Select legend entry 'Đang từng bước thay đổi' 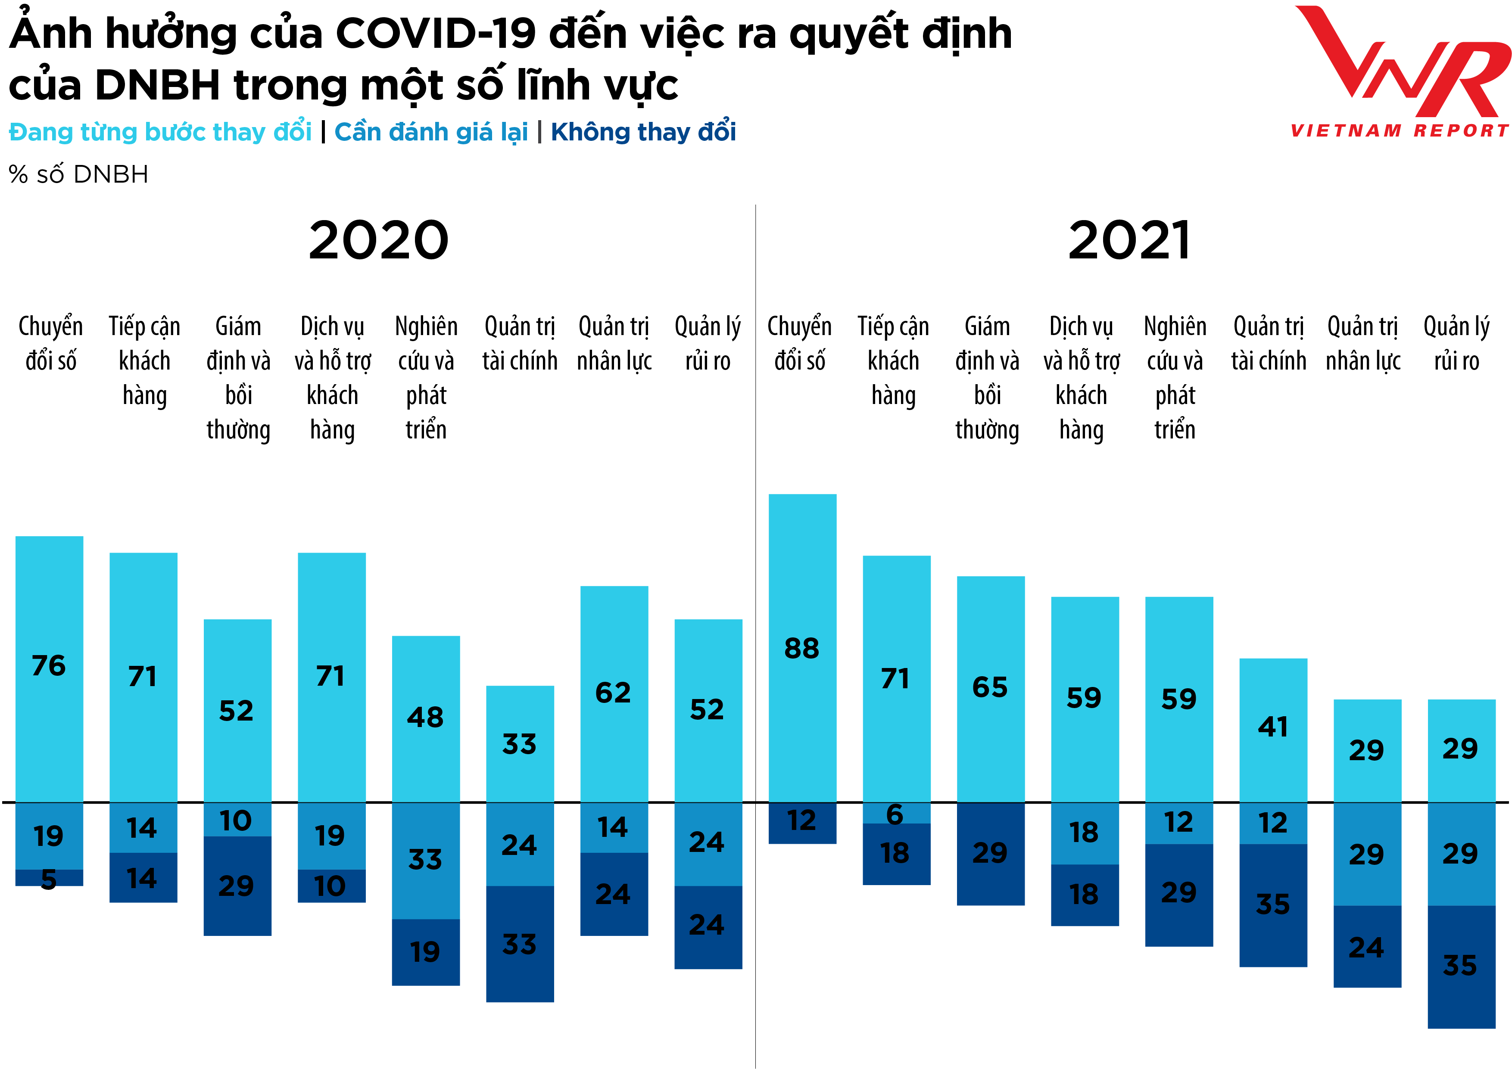[160, 132]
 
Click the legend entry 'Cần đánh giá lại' [431, 132]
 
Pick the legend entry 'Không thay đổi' [643, 132]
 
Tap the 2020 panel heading [379, 240]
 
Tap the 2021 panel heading [1129, 240]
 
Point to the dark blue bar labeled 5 [50, 878]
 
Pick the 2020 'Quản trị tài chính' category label [520, 344]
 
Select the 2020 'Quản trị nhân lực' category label [614, 344]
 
